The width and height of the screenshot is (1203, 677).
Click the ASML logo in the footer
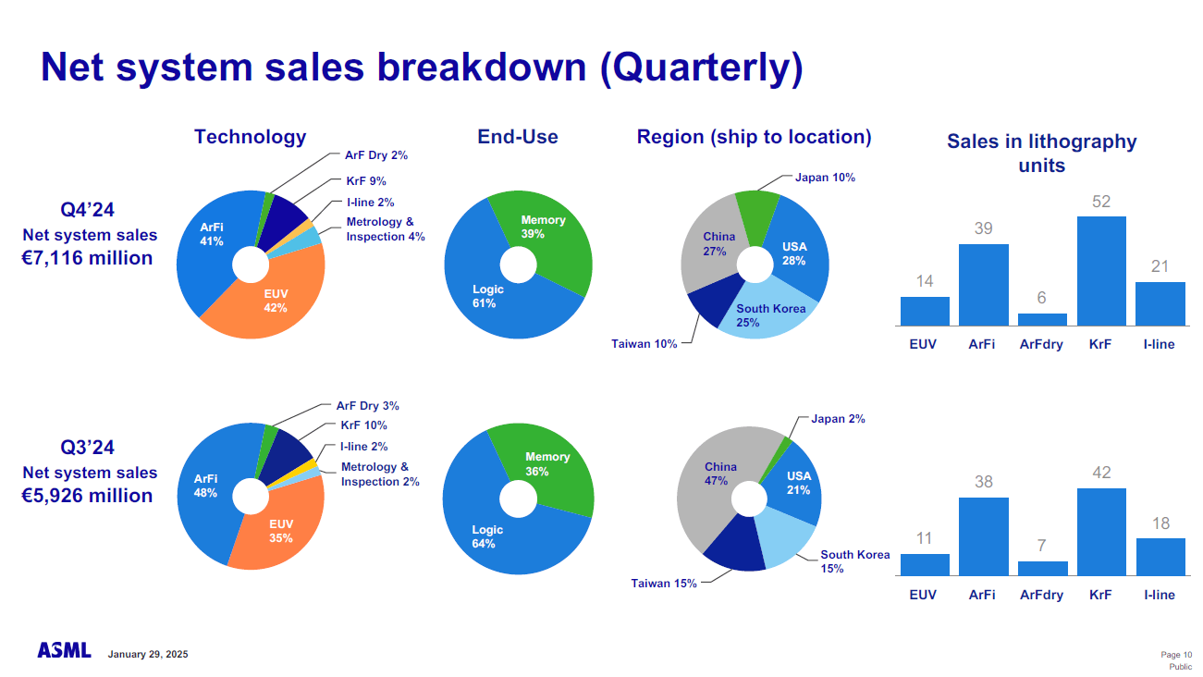[x=64, y=651]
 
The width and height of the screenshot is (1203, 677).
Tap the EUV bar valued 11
[x=925, y=564]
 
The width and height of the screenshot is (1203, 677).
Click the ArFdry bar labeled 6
[x=1042, y=319]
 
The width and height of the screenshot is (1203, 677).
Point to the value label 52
[x=1101, y=201]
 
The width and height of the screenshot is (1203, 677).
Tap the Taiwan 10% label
[x=644, y=344]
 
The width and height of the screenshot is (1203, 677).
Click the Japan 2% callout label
[x=838, y=419]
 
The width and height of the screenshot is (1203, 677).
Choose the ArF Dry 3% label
[x=367, y=406]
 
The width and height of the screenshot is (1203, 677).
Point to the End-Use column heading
[x=518, y=137]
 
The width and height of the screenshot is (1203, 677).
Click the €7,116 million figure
[x=87, y=258]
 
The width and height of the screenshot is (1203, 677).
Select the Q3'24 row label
[x=88, y=448]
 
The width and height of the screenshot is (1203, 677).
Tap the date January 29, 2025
[x=148, y=655]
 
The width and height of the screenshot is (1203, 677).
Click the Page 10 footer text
[x=1175, y=655]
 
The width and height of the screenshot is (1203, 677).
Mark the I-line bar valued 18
[x=1160, y=557]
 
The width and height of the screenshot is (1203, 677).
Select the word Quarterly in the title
[x=700, y=68]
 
